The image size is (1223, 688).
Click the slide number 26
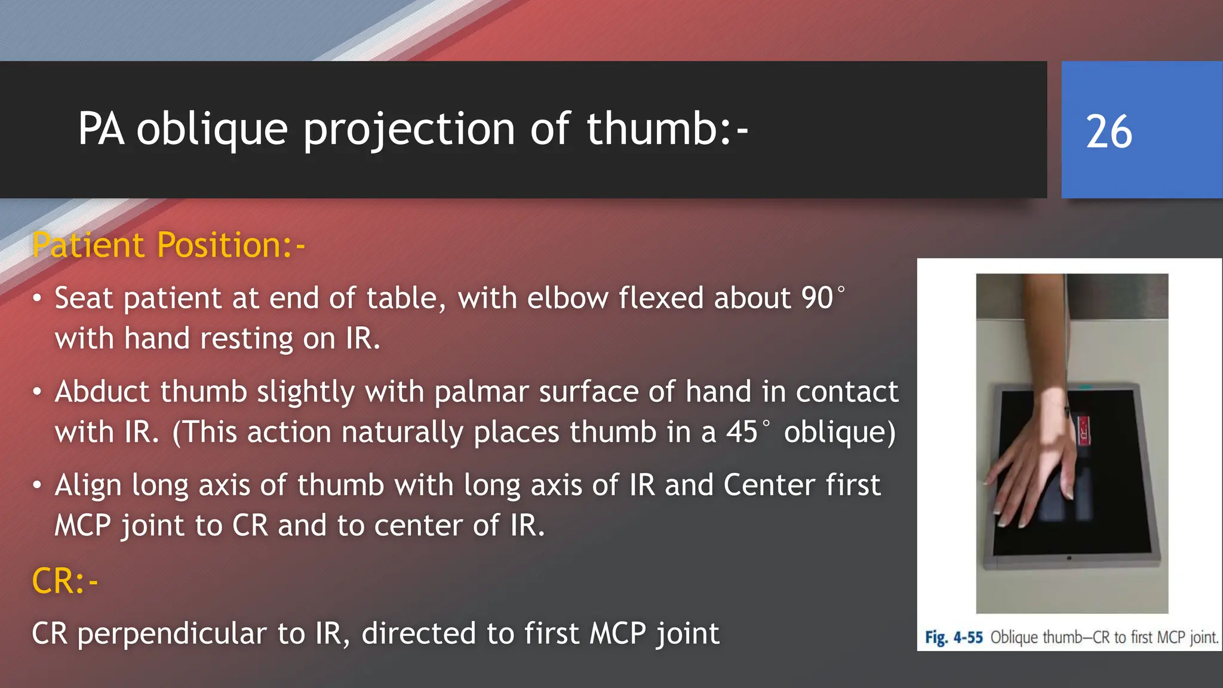[x=1108, y=131]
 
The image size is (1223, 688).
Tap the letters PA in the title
[x=101, y=129]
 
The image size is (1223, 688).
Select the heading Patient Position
[x=168, y=245]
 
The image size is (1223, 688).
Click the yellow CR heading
[x=64, y=580]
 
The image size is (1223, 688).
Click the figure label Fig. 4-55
[x=954, y=637]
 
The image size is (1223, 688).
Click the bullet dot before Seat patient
[x=37, y=298]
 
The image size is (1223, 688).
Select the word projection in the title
[x=409, y=129]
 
